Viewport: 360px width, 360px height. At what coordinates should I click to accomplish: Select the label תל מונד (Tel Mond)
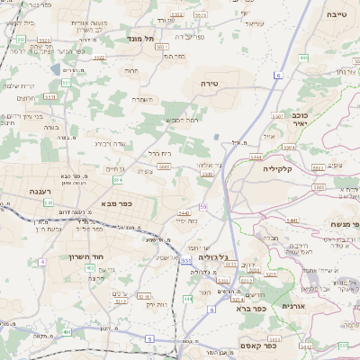[142, 39]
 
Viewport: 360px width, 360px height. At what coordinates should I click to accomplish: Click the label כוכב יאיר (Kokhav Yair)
[301, 121]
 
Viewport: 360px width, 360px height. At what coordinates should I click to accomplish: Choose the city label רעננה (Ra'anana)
[40, 190]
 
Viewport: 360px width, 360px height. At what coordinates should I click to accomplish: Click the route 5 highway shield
[148, 339]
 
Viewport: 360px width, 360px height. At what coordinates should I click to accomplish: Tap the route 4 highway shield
[42, 262]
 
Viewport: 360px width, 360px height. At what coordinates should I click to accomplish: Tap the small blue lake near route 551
[57, 68]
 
